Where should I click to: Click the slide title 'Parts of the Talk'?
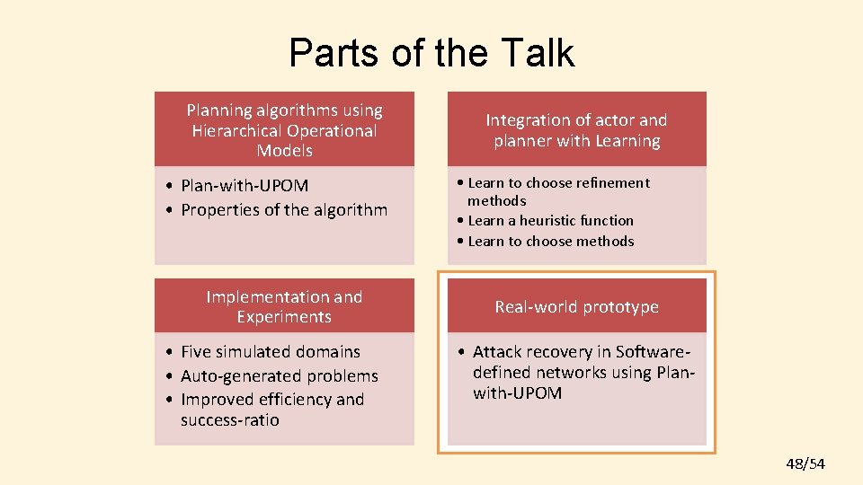431,53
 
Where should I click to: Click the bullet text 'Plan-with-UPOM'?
245,186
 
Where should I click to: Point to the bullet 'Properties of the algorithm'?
284,210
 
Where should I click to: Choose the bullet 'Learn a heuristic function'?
550,220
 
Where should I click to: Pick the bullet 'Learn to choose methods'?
550,241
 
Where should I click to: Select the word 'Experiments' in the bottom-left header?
284,317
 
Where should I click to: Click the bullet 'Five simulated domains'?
270,352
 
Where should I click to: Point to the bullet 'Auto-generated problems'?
279,376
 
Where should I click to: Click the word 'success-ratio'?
230,420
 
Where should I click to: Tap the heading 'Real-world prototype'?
576,307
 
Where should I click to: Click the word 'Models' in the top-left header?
284,151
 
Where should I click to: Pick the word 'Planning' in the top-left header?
219,110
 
